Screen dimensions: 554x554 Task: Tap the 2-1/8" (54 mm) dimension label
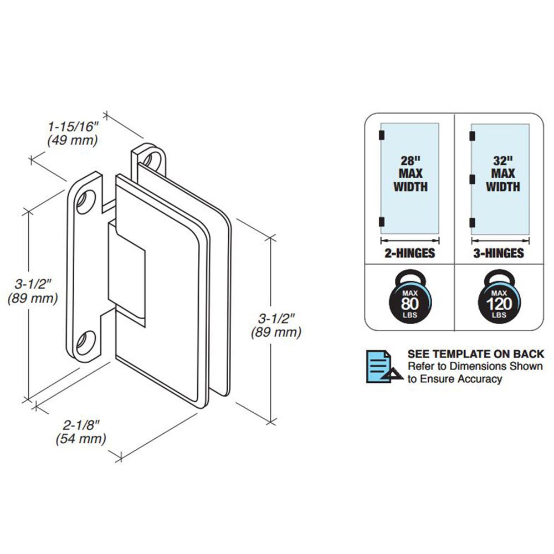tap(80, 432)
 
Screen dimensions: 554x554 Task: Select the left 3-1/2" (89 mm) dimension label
tap(33, 292)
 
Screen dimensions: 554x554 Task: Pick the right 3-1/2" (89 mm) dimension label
tap(276, 326)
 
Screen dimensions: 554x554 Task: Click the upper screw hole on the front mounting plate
tap(86, 201)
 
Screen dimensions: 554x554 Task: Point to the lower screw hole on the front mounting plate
tap(86, 343)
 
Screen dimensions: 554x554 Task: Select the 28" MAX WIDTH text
tap(411, 173)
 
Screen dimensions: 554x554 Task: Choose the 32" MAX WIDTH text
tap(503, 173)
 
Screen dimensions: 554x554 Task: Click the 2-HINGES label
tap(410, 253)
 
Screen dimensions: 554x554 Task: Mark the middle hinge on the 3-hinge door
tap(472, 178)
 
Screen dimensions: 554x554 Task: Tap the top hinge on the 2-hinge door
tap(381, 135)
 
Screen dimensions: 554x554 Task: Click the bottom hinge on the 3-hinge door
tap(472, 222)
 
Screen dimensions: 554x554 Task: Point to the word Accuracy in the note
tap(476, 379)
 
